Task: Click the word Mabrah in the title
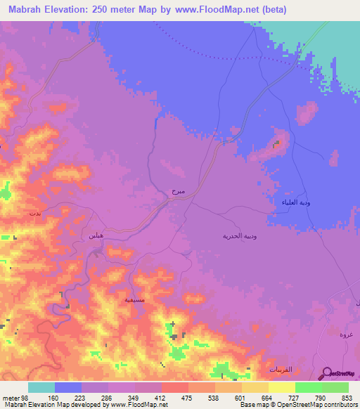click(x=30, y=11)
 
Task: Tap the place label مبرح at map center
click(x=178, y=190)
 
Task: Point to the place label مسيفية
click(x=135, y=299)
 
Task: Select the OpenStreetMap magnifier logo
click(x=326, y=374)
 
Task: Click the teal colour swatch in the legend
click(x=41, y=387)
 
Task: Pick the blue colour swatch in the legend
click(x=68, y=387)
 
